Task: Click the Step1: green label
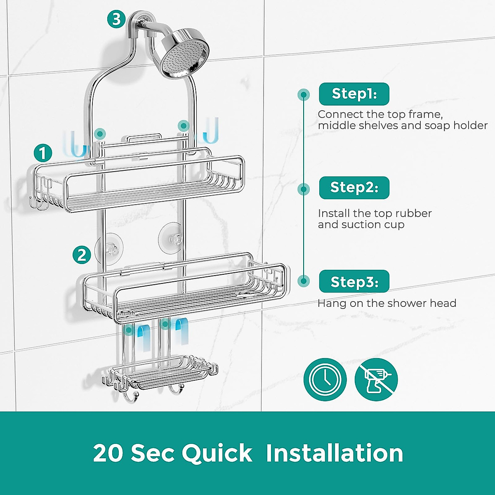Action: click(354, 94)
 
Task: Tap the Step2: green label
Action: click(354, 188)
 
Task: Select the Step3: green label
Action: click(354, 282)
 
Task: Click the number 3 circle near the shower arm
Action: click(116, 19)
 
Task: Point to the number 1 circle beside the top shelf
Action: click(43, 153)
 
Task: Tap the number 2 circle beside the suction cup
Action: click(82, 255)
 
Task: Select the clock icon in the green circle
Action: click(325, 379)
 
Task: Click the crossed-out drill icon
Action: click(376, 379)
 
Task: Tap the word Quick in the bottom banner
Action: click(217, 453)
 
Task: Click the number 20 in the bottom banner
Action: click(108, 453)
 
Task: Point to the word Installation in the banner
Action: click(334, 453)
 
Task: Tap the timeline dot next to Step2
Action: click(304, 189)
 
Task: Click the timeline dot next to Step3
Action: click(304, 281)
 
